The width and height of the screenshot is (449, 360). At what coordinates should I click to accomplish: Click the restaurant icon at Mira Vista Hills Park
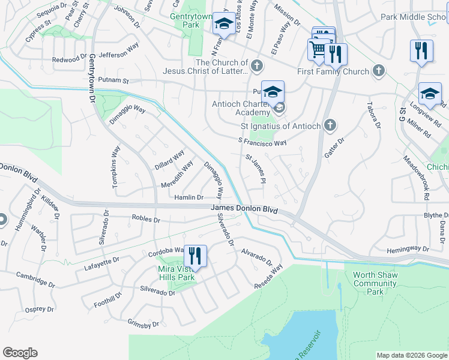coord(195,256)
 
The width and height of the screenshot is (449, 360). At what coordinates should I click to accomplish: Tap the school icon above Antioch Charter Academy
coord(273,92)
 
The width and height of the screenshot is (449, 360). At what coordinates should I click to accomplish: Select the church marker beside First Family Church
coord(378,71)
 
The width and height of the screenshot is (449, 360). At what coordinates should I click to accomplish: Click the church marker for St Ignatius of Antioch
coord(329,126)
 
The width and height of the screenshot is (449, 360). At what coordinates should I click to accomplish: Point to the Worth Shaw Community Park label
coord(375,283)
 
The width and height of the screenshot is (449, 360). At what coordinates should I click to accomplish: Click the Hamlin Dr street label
coord(189,197)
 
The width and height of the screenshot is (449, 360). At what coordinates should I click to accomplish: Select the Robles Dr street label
coord(145,219)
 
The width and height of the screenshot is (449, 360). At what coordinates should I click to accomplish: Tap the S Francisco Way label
coord(262,142)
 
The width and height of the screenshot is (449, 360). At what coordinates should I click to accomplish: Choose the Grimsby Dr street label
coord(143,323)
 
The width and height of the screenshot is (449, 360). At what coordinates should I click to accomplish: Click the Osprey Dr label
coord(40,310)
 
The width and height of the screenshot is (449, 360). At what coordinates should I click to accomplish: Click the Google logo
coord(20,353)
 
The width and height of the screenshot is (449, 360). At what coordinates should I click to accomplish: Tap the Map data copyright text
coord(412,355)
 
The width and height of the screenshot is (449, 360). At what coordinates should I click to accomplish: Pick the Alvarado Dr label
coord(258,257)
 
